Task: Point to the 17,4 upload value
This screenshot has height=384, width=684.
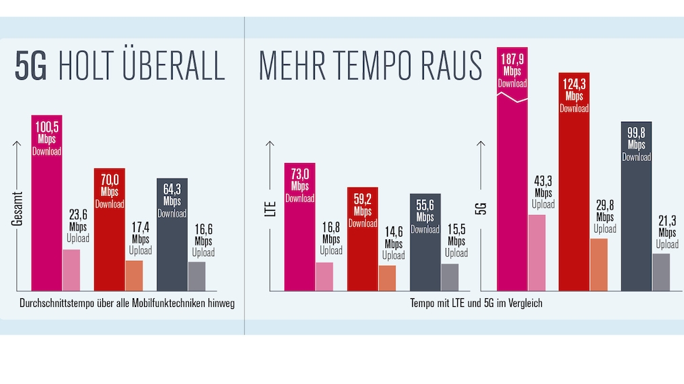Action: (141, 228)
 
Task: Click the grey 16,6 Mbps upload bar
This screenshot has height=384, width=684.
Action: (196, 277)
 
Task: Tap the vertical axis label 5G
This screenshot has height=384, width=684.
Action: (482, 207)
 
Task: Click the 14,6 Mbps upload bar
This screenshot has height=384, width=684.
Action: (387, 278)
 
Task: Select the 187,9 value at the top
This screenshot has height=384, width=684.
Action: (512, 59)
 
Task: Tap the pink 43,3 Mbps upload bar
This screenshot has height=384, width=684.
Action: (536, 253)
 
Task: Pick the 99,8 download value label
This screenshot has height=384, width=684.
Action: (636, 133)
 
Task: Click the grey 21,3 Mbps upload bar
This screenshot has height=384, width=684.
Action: (661, 272)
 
